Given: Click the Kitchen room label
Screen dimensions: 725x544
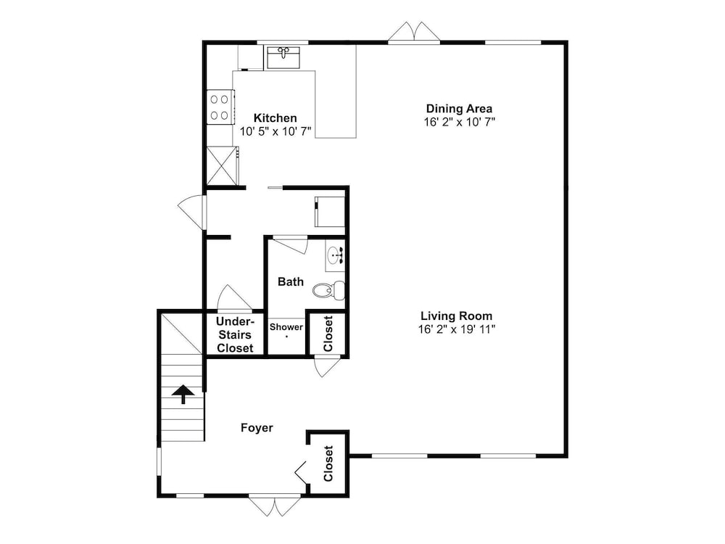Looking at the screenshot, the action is coord(275,118).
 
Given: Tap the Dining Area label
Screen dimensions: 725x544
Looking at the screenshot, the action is coord(459,109).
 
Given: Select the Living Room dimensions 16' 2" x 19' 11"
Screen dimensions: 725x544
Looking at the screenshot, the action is coord(457,329).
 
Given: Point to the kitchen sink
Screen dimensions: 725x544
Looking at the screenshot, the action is coord(283,57).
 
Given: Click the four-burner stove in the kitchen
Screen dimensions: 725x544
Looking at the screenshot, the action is coord(219,107).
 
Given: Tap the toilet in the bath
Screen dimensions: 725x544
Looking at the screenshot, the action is coord(328,290).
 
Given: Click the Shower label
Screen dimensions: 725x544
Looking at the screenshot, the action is coord(286,327).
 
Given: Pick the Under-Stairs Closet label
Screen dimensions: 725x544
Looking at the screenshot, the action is coord(235,334).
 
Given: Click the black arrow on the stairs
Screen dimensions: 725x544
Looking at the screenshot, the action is coord(183,394).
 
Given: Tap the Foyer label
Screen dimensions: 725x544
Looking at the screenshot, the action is coord(257,428).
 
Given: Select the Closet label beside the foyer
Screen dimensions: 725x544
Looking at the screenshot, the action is coord(328,463).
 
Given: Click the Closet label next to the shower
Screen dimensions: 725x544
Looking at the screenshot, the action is coord(328,334).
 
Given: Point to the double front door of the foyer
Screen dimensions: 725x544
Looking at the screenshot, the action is coord(275,505).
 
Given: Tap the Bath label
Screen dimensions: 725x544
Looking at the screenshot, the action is coord(291,281).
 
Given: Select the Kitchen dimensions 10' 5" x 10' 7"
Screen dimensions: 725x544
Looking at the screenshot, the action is coord(275,131).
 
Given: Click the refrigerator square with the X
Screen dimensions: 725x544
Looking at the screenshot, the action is coord(222,165).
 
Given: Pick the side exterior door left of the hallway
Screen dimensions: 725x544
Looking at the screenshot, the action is coord(191,213).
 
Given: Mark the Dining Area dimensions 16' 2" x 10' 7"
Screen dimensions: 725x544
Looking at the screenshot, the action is coord(460,122).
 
